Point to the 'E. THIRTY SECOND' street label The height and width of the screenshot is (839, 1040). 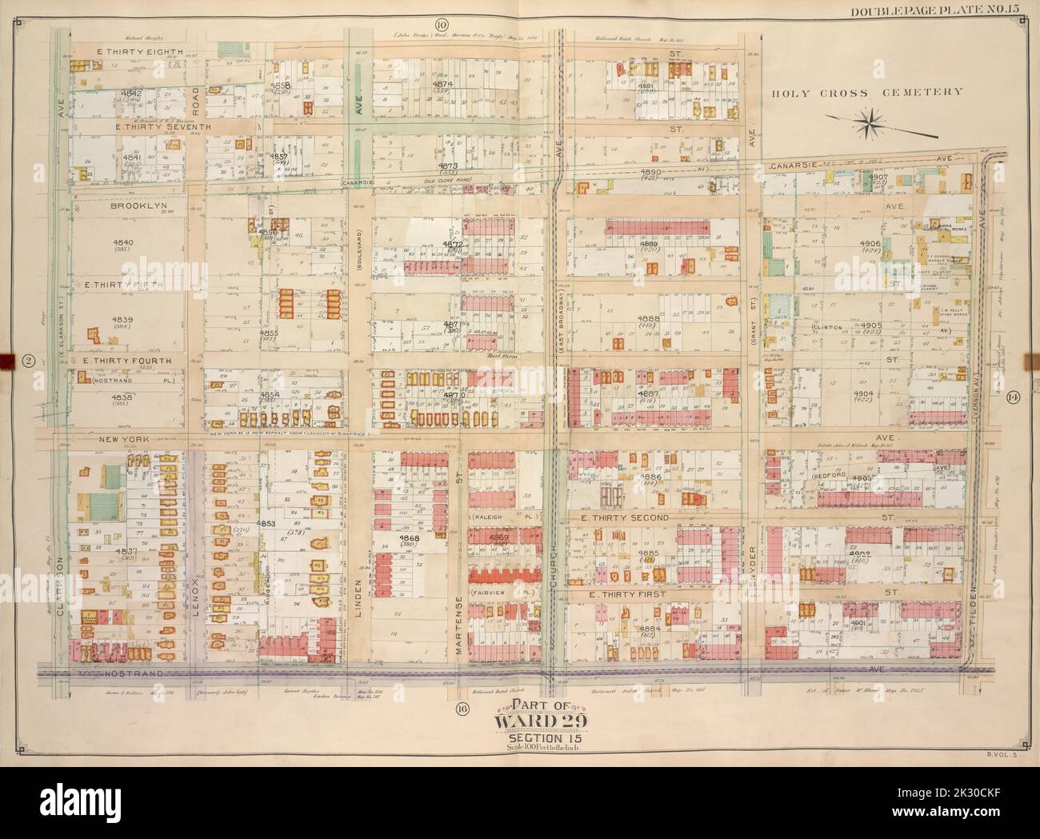click(x=624, y=519)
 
